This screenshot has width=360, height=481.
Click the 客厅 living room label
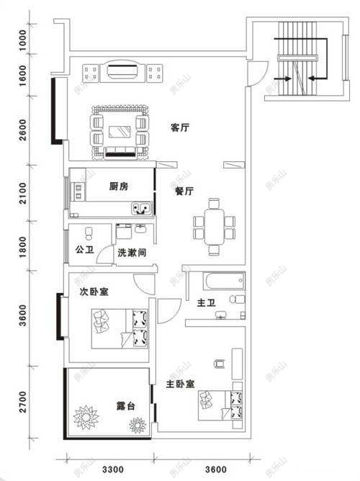click(x=180, y=127)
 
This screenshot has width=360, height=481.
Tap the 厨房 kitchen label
click(x=119, y=186)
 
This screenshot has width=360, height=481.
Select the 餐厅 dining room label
click(x=185, y=192)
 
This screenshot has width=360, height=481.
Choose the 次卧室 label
click(x=94, y=293)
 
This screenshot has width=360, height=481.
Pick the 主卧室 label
click(x=181, y=384)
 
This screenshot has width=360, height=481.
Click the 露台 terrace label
click(x=107, y=406)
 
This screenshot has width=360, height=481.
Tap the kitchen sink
click(x=142, y=209)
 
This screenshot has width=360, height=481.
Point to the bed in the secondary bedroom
click(x=120, y=328)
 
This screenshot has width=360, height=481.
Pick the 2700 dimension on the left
click(x=23, y=402)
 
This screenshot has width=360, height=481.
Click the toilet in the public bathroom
click(x=89, y=233)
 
